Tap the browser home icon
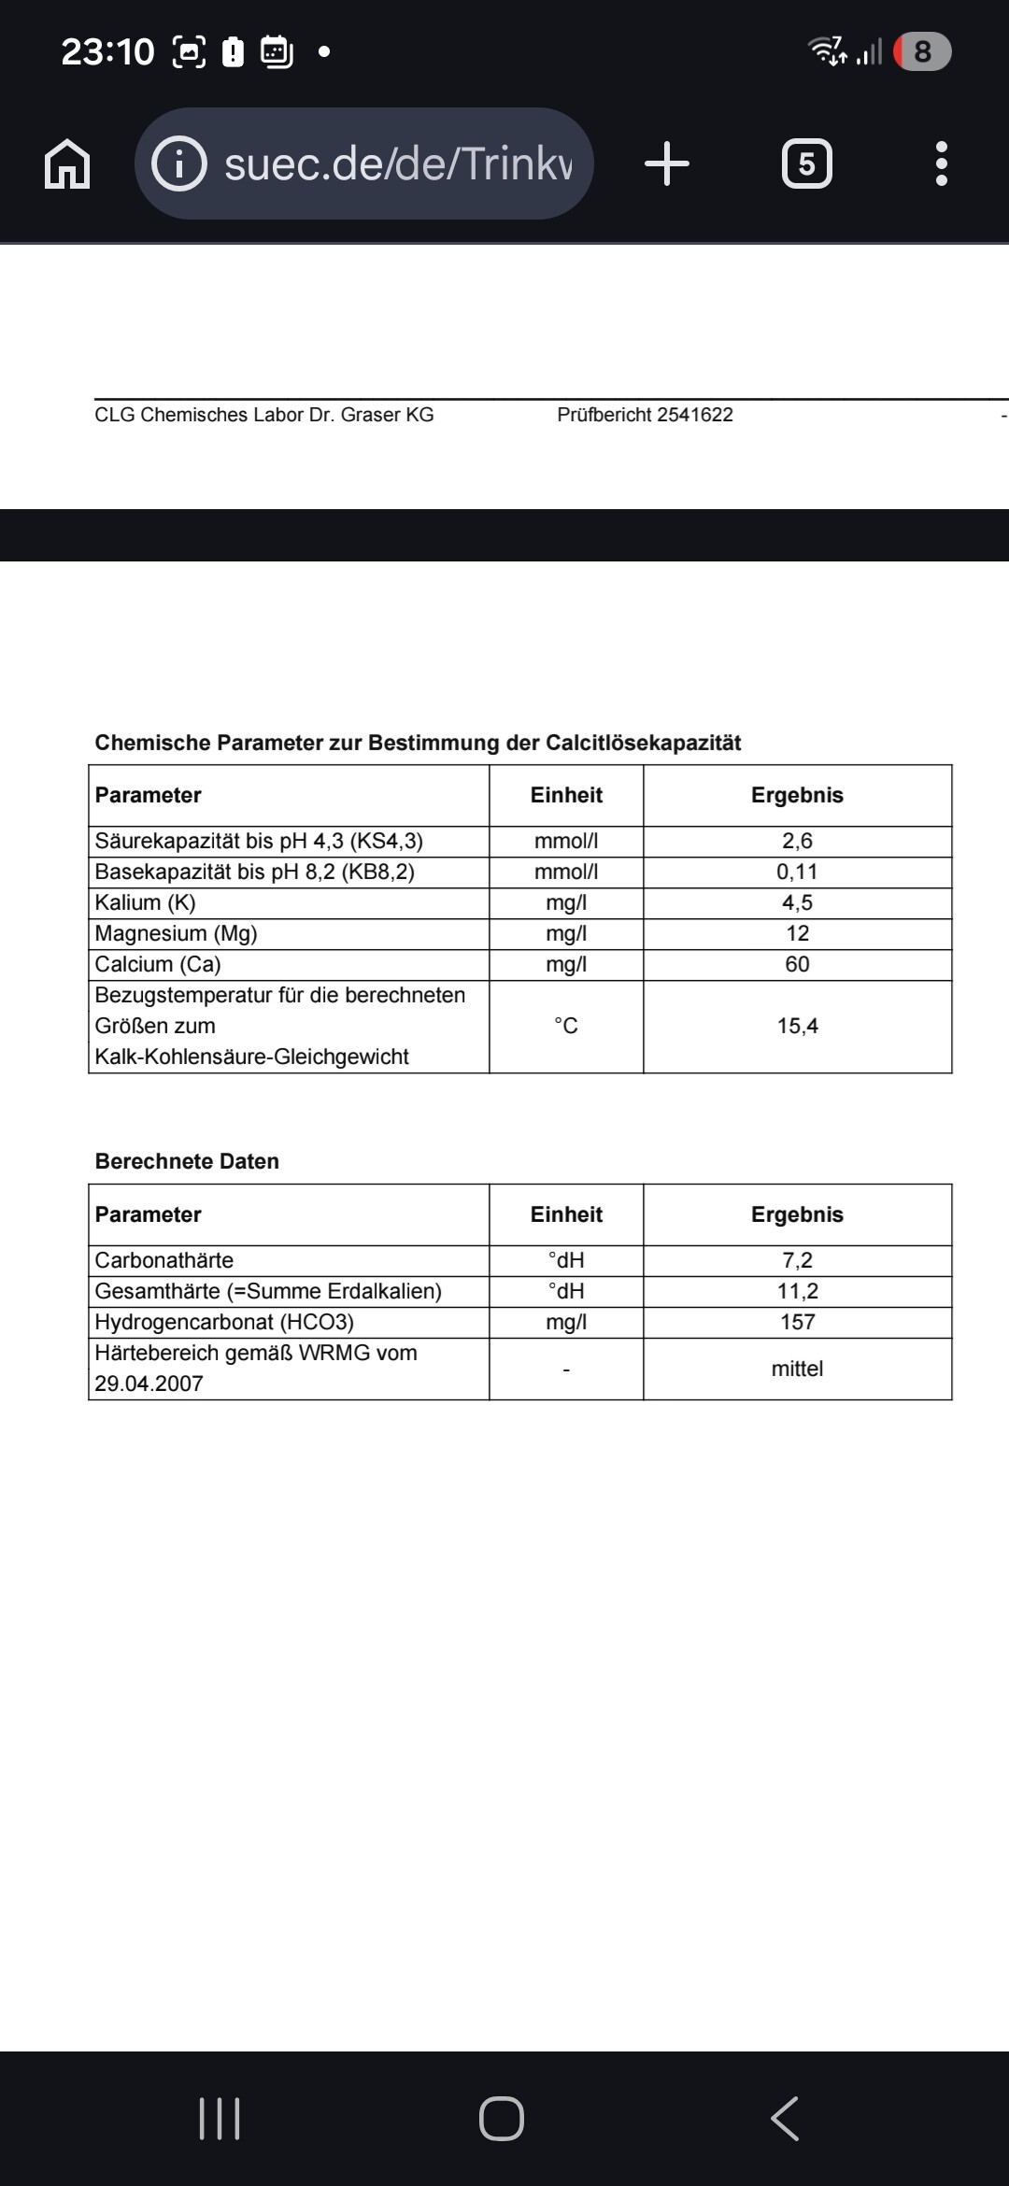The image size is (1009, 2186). click(67, 164)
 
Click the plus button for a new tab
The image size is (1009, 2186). click(667, 164)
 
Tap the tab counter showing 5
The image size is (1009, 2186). click(806, 164)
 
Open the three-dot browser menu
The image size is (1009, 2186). click(941, 164)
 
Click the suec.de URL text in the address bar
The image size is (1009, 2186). click(398, 164)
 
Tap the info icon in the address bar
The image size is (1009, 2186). click(178, 164)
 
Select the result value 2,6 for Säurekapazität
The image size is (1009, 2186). click(797, 841)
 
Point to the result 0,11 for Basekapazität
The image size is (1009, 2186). click(797, 872)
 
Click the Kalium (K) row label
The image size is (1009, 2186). click(146, 902)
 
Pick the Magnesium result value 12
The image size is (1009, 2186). click(797, 933)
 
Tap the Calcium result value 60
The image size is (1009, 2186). click(797, 964)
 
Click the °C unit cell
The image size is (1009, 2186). click(566, 1026)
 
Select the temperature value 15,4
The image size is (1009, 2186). click(797, 1026)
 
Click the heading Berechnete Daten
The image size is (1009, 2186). click(187, 1161)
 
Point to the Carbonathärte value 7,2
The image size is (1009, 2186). click(797, 1260)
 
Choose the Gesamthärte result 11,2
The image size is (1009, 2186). click(797, 1291)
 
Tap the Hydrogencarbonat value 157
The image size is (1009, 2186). click(797, 1322)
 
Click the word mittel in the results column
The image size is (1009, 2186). click(797, 1369)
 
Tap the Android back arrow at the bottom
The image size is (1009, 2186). click(785, 2118)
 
